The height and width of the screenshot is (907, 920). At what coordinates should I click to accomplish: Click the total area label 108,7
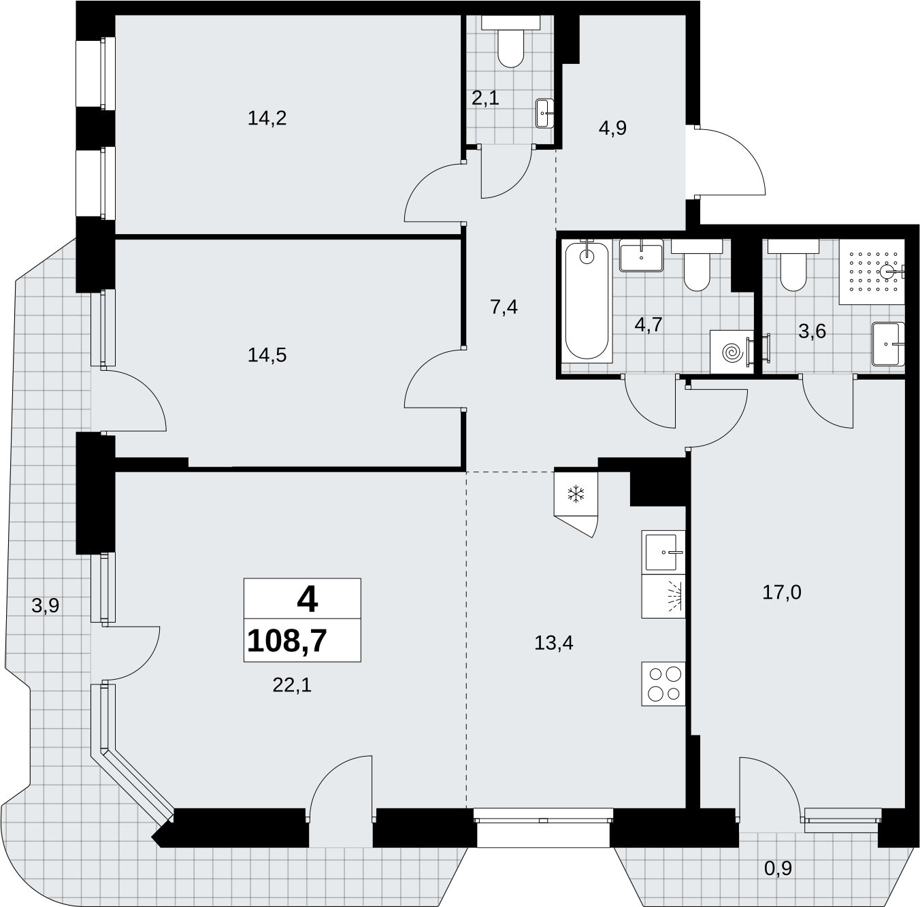pos(287,640)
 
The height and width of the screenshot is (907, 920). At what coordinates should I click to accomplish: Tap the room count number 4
pos(307,600)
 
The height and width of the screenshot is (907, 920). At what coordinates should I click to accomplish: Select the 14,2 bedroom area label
pos(267,118)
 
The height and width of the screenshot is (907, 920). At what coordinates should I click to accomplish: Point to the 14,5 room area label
pos(267,355)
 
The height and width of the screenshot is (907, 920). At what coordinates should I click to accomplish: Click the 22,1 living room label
pos(292,686)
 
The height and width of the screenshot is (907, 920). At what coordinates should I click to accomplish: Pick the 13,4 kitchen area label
pos(553,644)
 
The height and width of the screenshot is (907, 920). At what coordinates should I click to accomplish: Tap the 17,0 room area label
pos(782,593)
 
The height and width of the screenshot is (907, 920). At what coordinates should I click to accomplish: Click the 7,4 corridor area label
pos(504,307)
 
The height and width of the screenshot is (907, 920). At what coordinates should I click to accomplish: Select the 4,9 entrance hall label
pos(612,128)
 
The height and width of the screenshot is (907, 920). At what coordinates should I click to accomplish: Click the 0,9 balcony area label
pos(778,868)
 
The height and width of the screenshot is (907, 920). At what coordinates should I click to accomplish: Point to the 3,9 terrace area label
pos(45,606)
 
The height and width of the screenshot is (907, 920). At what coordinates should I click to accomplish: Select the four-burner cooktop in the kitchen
pos(663,684)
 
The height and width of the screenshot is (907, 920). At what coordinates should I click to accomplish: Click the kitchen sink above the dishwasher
pos(663,552)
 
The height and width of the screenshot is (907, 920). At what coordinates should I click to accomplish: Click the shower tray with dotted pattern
pos(872,271)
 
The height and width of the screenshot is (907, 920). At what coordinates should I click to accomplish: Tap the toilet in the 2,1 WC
pos(510,42)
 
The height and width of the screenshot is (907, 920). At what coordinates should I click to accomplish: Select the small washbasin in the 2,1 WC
pos(545,113)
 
